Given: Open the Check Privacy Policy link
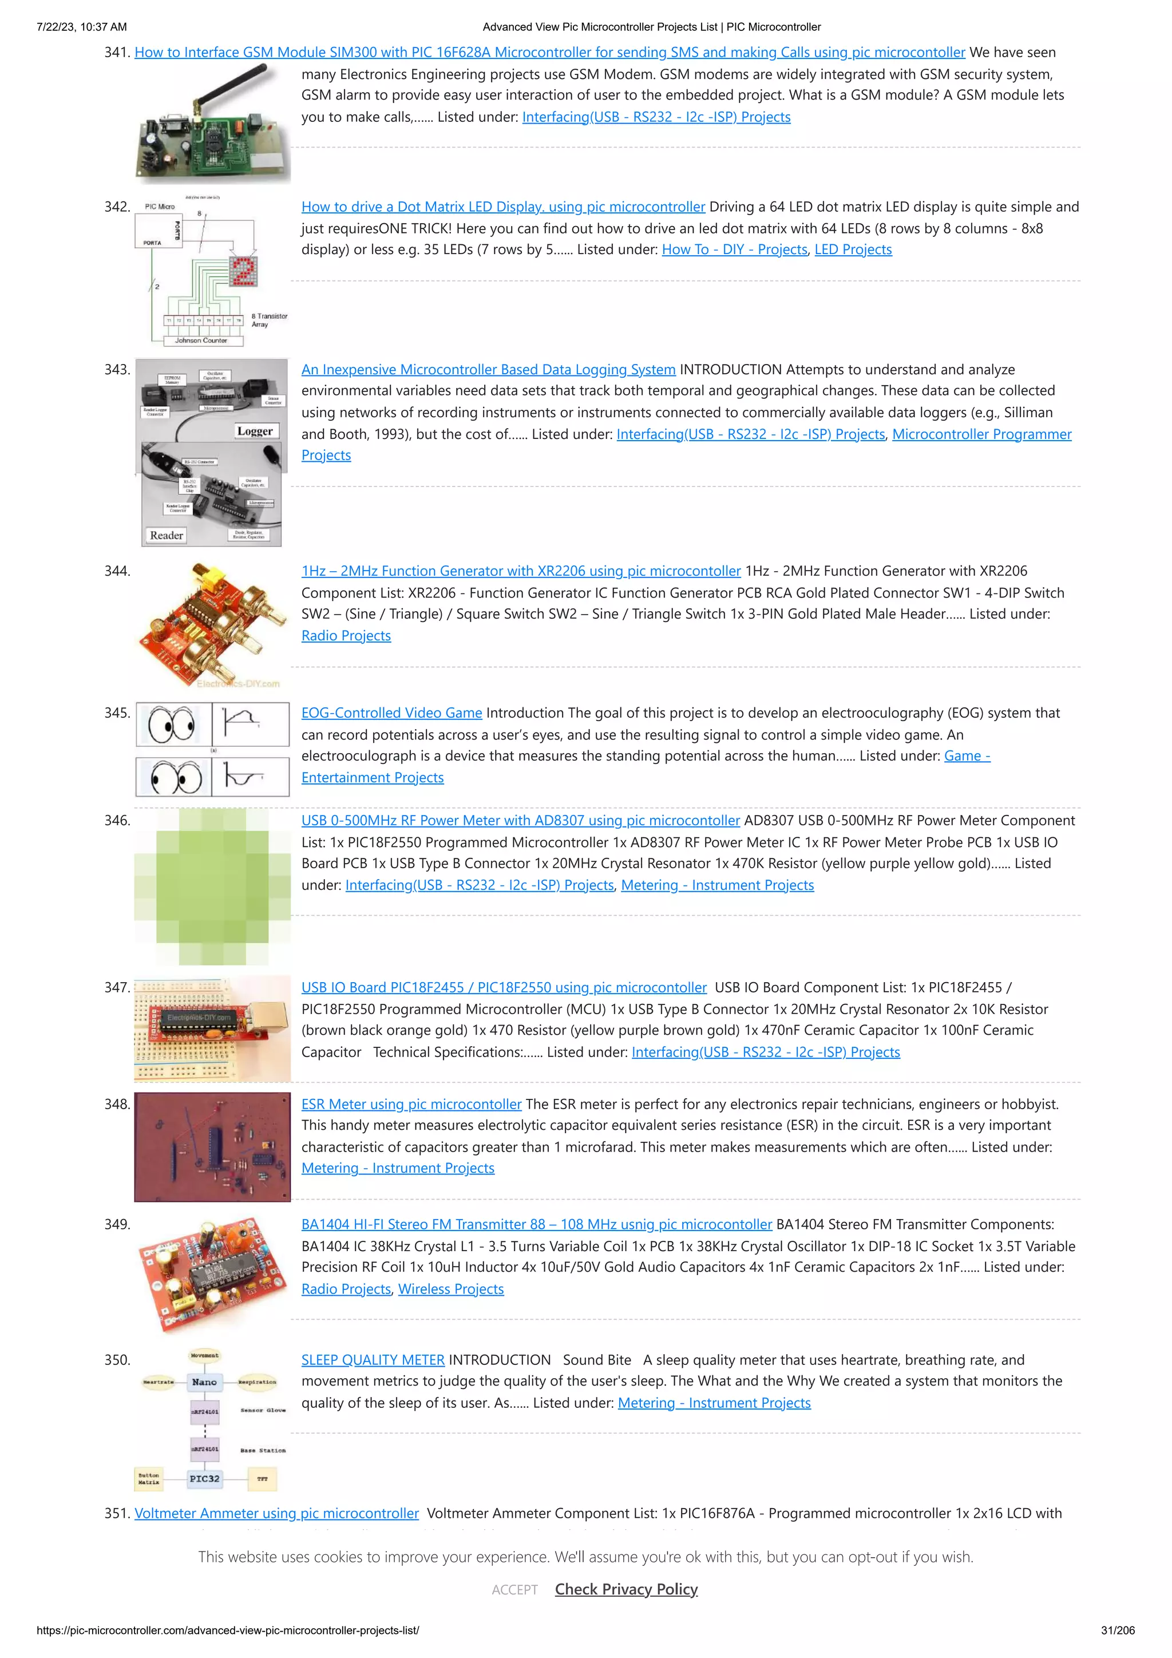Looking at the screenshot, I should (626, 1589).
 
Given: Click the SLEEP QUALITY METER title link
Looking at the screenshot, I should (373, 1360).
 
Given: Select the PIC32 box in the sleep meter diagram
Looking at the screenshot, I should (204, 1478).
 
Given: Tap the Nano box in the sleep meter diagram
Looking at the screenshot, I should (204, 1382).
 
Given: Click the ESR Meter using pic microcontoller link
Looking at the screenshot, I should (411, 1104).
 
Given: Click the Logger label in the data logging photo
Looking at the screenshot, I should (255, 431).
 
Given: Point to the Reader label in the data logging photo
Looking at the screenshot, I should (166, 535).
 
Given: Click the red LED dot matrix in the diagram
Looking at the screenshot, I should (243, 271).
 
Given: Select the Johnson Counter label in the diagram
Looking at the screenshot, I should (201, 340).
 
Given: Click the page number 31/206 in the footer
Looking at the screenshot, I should (1117, 1630).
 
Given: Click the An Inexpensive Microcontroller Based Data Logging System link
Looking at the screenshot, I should (488, 370).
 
